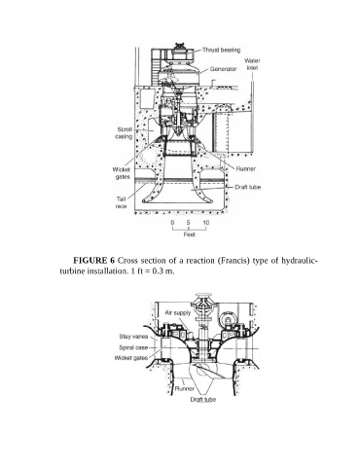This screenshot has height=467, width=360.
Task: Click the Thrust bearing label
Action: [x=222, y=50]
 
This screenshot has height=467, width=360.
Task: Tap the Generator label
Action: [x=224, y=69]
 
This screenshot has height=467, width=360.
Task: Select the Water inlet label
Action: [x=252, y=64]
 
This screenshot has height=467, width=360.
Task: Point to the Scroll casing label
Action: [x=124, y=133]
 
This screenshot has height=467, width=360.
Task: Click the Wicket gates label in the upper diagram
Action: [x=122, y=173]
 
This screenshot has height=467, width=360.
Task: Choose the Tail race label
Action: [x=122, y=202]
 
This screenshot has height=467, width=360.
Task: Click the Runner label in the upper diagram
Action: [x=246, y=168]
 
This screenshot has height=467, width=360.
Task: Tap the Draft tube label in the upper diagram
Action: [x=248, y=187]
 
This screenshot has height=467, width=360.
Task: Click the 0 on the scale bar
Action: [x=172, y=223]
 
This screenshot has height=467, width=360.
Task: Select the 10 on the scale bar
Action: [x=206, y=223]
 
